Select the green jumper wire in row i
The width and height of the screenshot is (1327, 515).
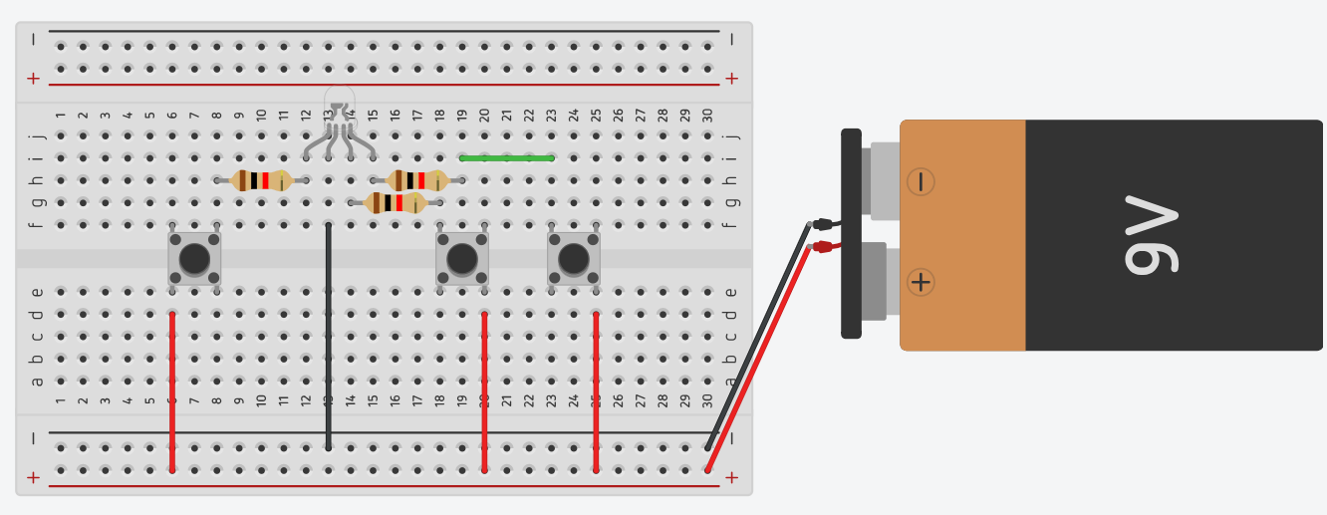506,157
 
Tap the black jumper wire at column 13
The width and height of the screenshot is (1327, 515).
329,339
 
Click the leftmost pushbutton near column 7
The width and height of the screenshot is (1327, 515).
194,259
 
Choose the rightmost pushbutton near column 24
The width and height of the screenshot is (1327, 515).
574,259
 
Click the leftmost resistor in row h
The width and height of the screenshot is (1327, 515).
261,180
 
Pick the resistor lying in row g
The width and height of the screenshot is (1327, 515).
396,203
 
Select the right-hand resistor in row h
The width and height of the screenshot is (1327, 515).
417,180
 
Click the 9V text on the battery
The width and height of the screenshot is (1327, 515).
1151,239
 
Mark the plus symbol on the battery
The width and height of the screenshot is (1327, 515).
921,282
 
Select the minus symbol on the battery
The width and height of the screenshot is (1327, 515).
921,181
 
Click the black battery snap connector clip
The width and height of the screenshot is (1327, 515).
851,233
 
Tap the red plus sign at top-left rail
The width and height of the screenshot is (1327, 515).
34,78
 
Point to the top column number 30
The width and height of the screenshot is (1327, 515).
707,116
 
